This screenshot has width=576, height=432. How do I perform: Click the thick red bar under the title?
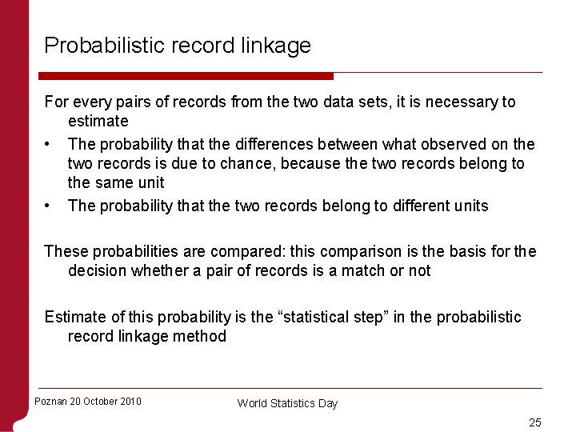click(x=188, y=76)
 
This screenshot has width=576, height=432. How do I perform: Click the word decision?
click(x=100, y=271)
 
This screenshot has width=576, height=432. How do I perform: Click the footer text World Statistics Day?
click(x=287, y=403)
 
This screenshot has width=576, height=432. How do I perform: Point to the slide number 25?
click(x=535, y=422)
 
